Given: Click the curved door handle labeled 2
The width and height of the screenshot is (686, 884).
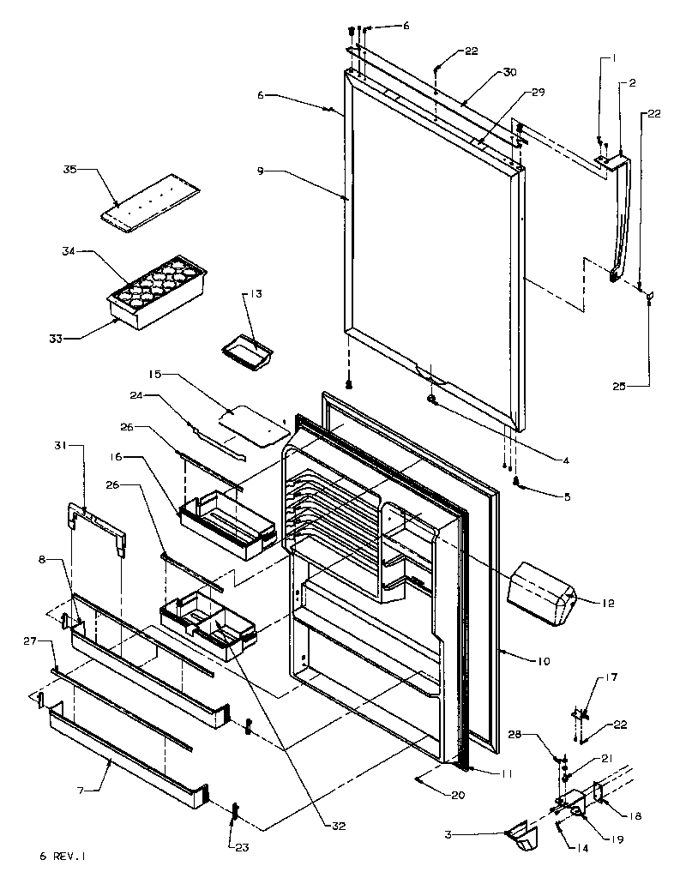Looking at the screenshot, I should pyautogui.click(x=623, y=214).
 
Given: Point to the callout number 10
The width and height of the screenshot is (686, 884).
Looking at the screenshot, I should pyautogui.click(x=543, y=661).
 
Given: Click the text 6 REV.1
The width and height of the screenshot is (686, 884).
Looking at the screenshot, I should pyautogui.click(x=63, y=856).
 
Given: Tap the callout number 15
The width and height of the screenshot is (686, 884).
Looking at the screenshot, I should pyautogui.click(x=154, y=375).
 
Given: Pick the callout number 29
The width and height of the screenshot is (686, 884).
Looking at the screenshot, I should pyautogui.click(x=538, y=91).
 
